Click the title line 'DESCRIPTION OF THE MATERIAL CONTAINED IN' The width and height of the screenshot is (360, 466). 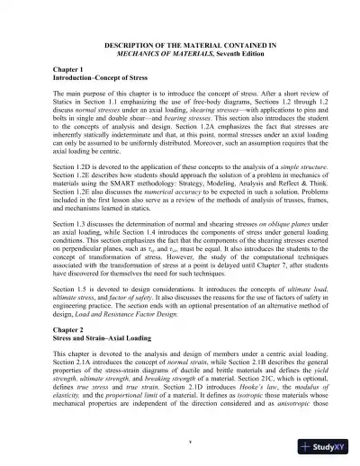[180, 42]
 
